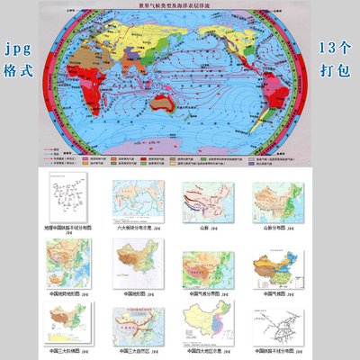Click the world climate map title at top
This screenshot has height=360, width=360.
point(180,6)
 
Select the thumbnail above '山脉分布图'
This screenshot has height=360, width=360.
point(274,199)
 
